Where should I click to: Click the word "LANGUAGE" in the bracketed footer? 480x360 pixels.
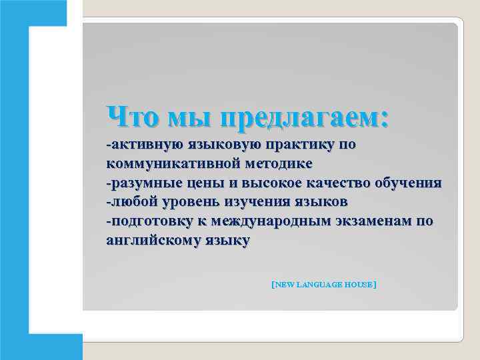[x=319, y=285]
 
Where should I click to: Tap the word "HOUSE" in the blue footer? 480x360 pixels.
[x=359, y=285]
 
